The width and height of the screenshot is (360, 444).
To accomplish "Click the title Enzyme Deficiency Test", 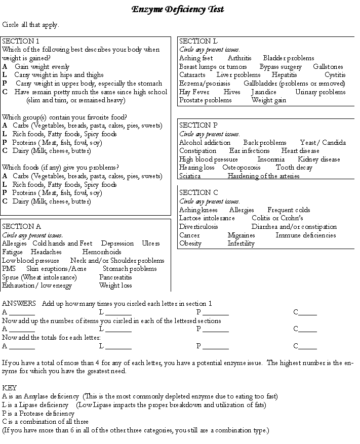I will [177, 9].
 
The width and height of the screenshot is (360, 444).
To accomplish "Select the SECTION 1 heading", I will [21, 41].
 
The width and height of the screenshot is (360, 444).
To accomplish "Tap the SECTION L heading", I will [198, 41].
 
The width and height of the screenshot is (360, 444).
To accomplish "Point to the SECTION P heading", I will [198, 125].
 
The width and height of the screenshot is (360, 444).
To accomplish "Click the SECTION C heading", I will [198, 192].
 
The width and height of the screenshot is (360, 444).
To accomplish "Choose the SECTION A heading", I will [21, 226].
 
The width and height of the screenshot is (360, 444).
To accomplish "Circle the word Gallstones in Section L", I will [328, 67].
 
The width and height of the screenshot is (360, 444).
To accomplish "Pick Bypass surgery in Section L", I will [281, 67].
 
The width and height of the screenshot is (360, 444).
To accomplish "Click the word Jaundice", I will [264, 92].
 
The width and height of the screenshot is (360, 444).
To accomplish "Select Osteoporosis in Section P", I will [242, 168].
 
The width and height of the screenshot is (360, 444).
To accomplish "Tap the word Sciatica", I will [190, 176].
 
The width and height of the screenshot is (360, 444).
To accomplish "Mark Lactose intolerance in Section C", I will [207, 218].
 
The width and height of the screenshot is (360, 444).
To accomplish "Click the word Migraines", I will [241, 235].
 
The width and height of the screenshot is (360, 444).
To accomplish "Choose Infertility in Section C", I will [241, 244].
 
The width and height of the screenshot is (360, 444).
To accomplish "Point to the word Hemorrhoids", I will [102, 252].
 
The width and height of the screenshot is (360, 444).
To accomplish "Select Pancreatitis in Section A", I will [115, 277].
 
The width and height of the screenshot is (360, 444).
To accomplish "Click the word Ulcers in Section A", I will [150, 244].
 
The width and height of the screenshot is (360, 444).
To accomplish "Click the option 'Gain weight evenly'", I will [42, 67].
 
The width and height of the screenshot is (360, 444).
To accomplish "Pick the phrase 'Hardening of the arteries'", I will [263, 176].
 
